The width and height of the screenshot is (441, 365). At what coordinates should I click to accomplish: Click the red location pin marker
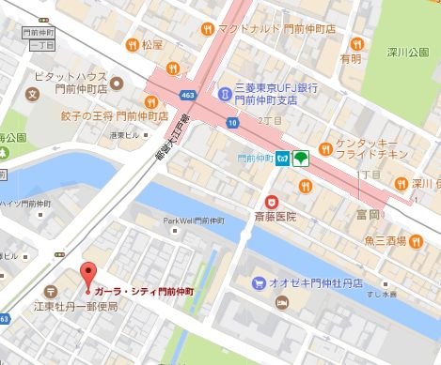pos(89,276)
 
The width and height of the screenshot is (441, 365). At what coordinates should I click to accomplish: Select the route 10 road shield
pos(231,122)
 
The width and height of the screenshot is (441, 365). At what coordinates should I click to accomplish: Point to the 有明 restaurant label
pos(352,58)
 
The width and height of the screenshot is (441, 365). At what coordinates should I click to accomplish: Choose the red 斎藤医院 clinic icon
pos(272,201)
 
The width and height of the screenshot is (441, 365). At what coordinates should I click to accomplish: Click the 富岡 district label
pos(369,215)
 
